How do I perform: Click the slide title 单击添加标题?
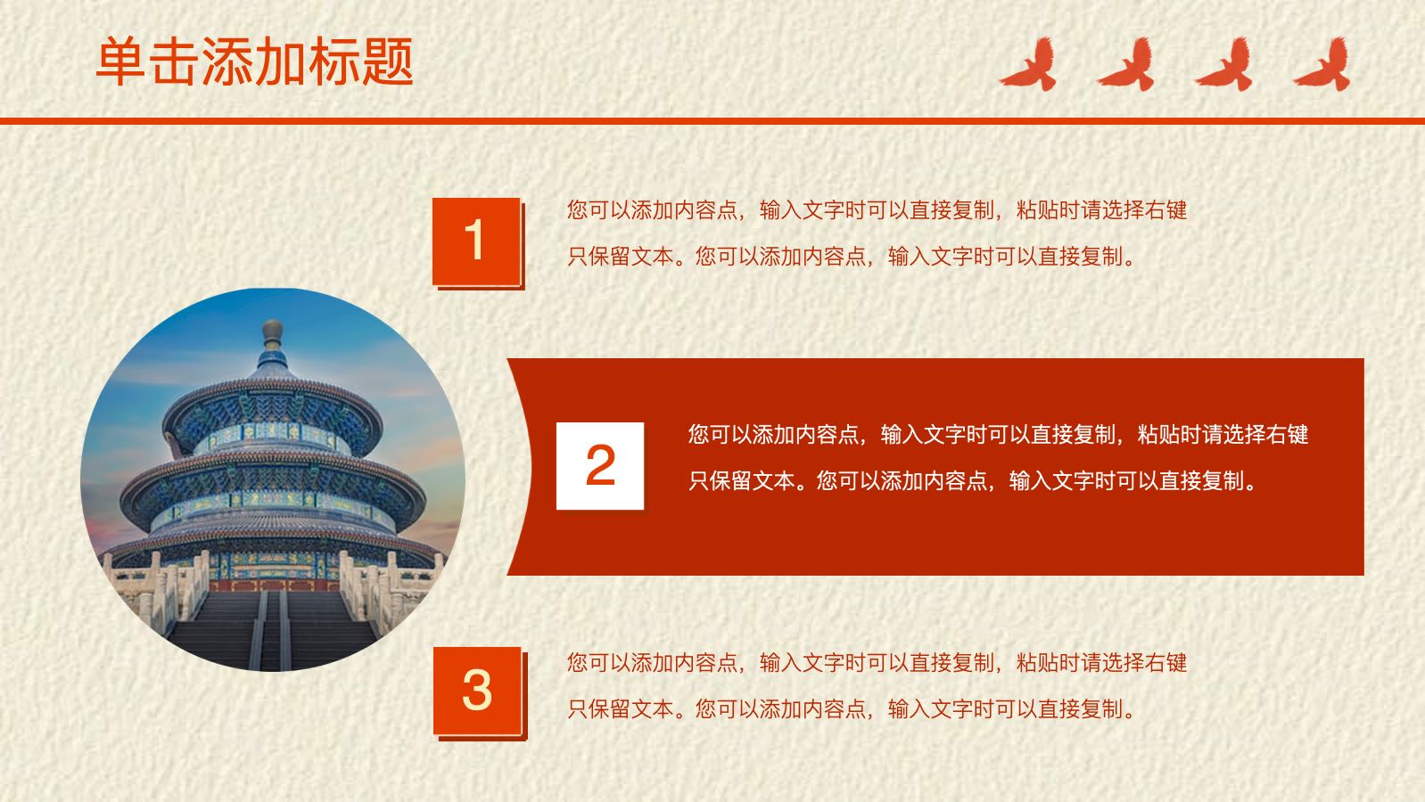(255, 61)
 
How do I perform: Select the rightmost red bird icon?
(1322, 64)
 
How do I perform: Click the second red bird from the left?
(1126, 64)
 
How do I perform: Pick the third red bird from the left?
(1224, 64)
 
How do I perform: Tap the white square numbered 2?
(600, 466)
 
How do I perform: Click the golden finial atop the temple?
(272, 331)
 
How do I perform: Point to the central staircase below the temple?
(272, 629)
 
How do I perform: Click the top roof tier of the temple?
(272, 413)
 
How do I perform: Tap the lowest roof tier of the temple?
(272, 546)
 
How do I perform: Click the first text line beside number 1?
(877, 209)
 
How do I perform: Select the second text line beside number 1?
(852, 256)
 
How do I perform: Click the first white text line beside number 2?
(998, 435)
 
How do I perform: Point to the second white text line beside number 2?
(973, 481)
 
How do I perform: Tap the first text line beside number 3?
(877, 663)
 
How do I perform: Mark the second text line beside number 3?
(852, 709)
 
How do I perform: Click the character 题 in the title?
(388, 61)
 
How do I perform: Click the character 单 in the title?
(121, 61)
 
